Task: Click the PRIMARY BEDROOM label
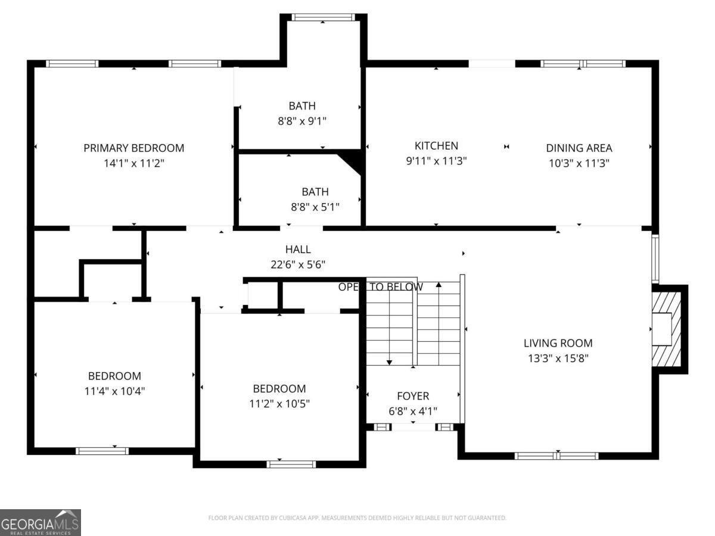(133, 148)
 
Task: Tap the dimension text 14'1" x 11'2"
(133, 162)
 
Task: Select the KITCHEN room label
(436, 145)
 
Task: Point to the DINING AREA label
(579, 148)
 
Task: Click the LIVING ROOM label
(558, 343)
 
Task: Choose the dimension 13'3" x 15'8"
(558, 358)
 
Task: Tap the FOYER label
(413, 396)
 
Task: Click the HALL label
(298, 250)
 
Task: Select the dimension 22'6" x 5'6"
(298, 264)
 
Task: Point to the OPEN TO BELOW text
(381, 287)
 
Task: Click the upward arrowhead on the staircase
(439, 285)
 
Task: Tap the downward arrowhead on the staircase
(389, 362)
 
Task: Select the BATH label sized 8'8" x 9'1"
(302, 106)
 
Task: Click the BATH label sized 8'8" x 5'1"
(315, 192)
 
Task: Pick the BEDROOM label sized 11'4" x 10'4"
(114, 376)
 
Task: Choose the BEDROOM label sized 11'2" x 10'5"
(279, 388)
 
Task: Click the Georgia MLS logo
(41, 522)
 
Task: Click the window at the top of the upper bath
(323, 17)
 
